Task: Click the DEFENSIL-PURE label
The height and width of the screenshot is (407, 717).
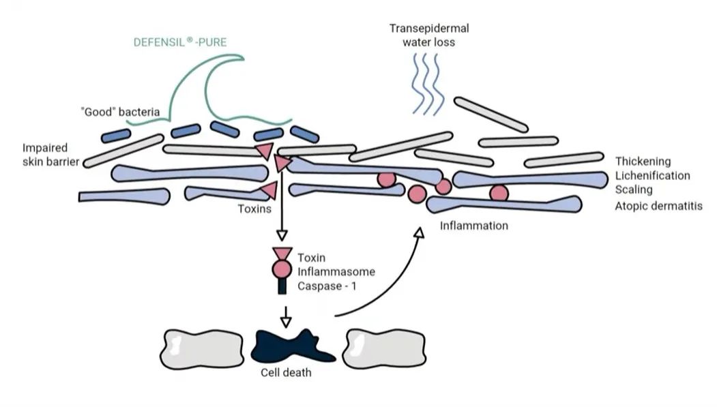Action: point(179,42)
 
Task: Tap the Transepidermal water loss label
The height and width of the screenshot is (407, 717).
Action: point(429,35)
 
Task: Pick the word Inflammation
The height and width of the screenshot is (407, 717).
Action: point(474,225)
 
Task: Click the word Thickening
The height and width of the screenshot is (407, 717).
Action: point(643,162)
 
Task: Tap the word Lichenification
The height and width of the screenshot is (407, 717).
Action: point(652,176)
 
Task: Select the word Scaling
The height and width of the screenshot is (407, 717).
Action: point(634,190)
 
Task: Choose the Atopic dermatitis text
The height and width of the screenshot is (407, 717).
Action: point(658,205)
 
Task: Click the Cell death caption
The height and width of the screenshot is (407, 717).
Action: point(287,372)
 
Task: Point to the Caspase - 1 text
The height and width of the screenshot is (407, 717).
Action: point(327,286)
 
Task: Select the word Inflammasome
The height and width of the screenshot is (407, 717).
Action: point(336,272)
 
